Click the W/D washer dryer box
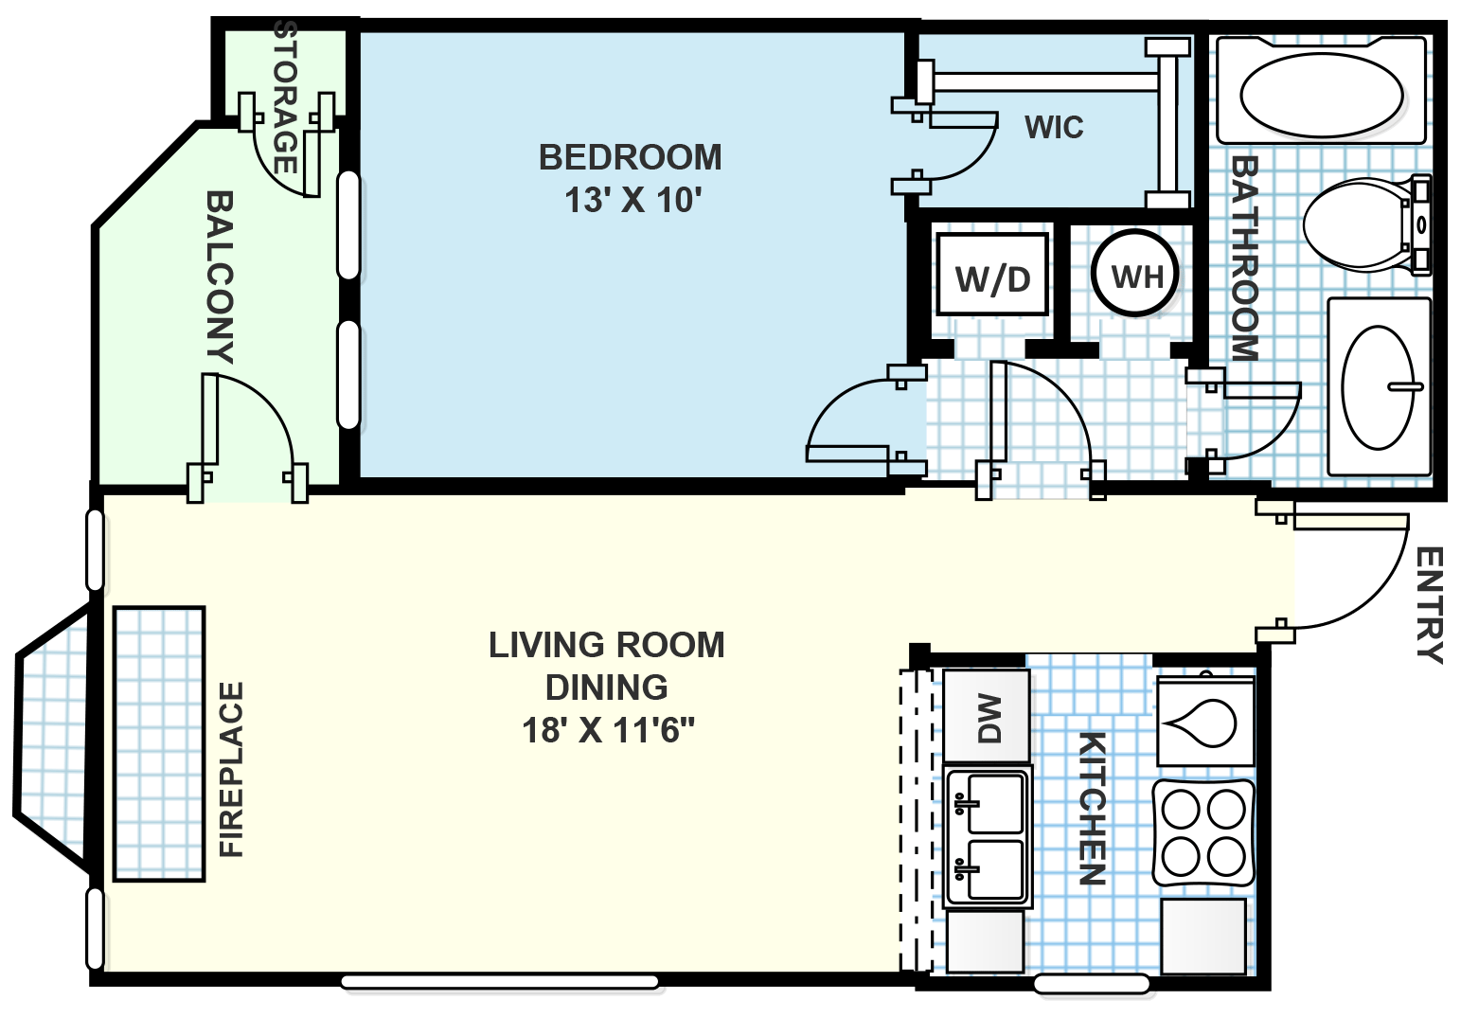click(x=992, y=276)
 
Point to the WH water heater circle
click(x=1135, y=275)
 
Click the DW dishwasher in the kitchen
click(x=987, y=716)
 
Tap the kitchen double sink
click(x=988, y=836)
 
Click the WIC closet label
click(x=1054, y=128)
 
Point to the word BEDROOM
click(x=630, y=157)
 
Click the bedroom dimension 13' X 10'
click(x=632, y=201)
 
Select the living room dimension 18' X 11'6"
click(x=608, y=730)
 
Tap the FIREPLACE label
click(x=232, y=769)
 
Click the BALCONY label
click(x=220, y=277)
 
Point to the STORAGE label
click(x=285, y=98)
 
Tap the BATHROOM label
click(x=1244, y=258)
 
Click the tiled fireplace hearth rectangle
click(x=159, y=743)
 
